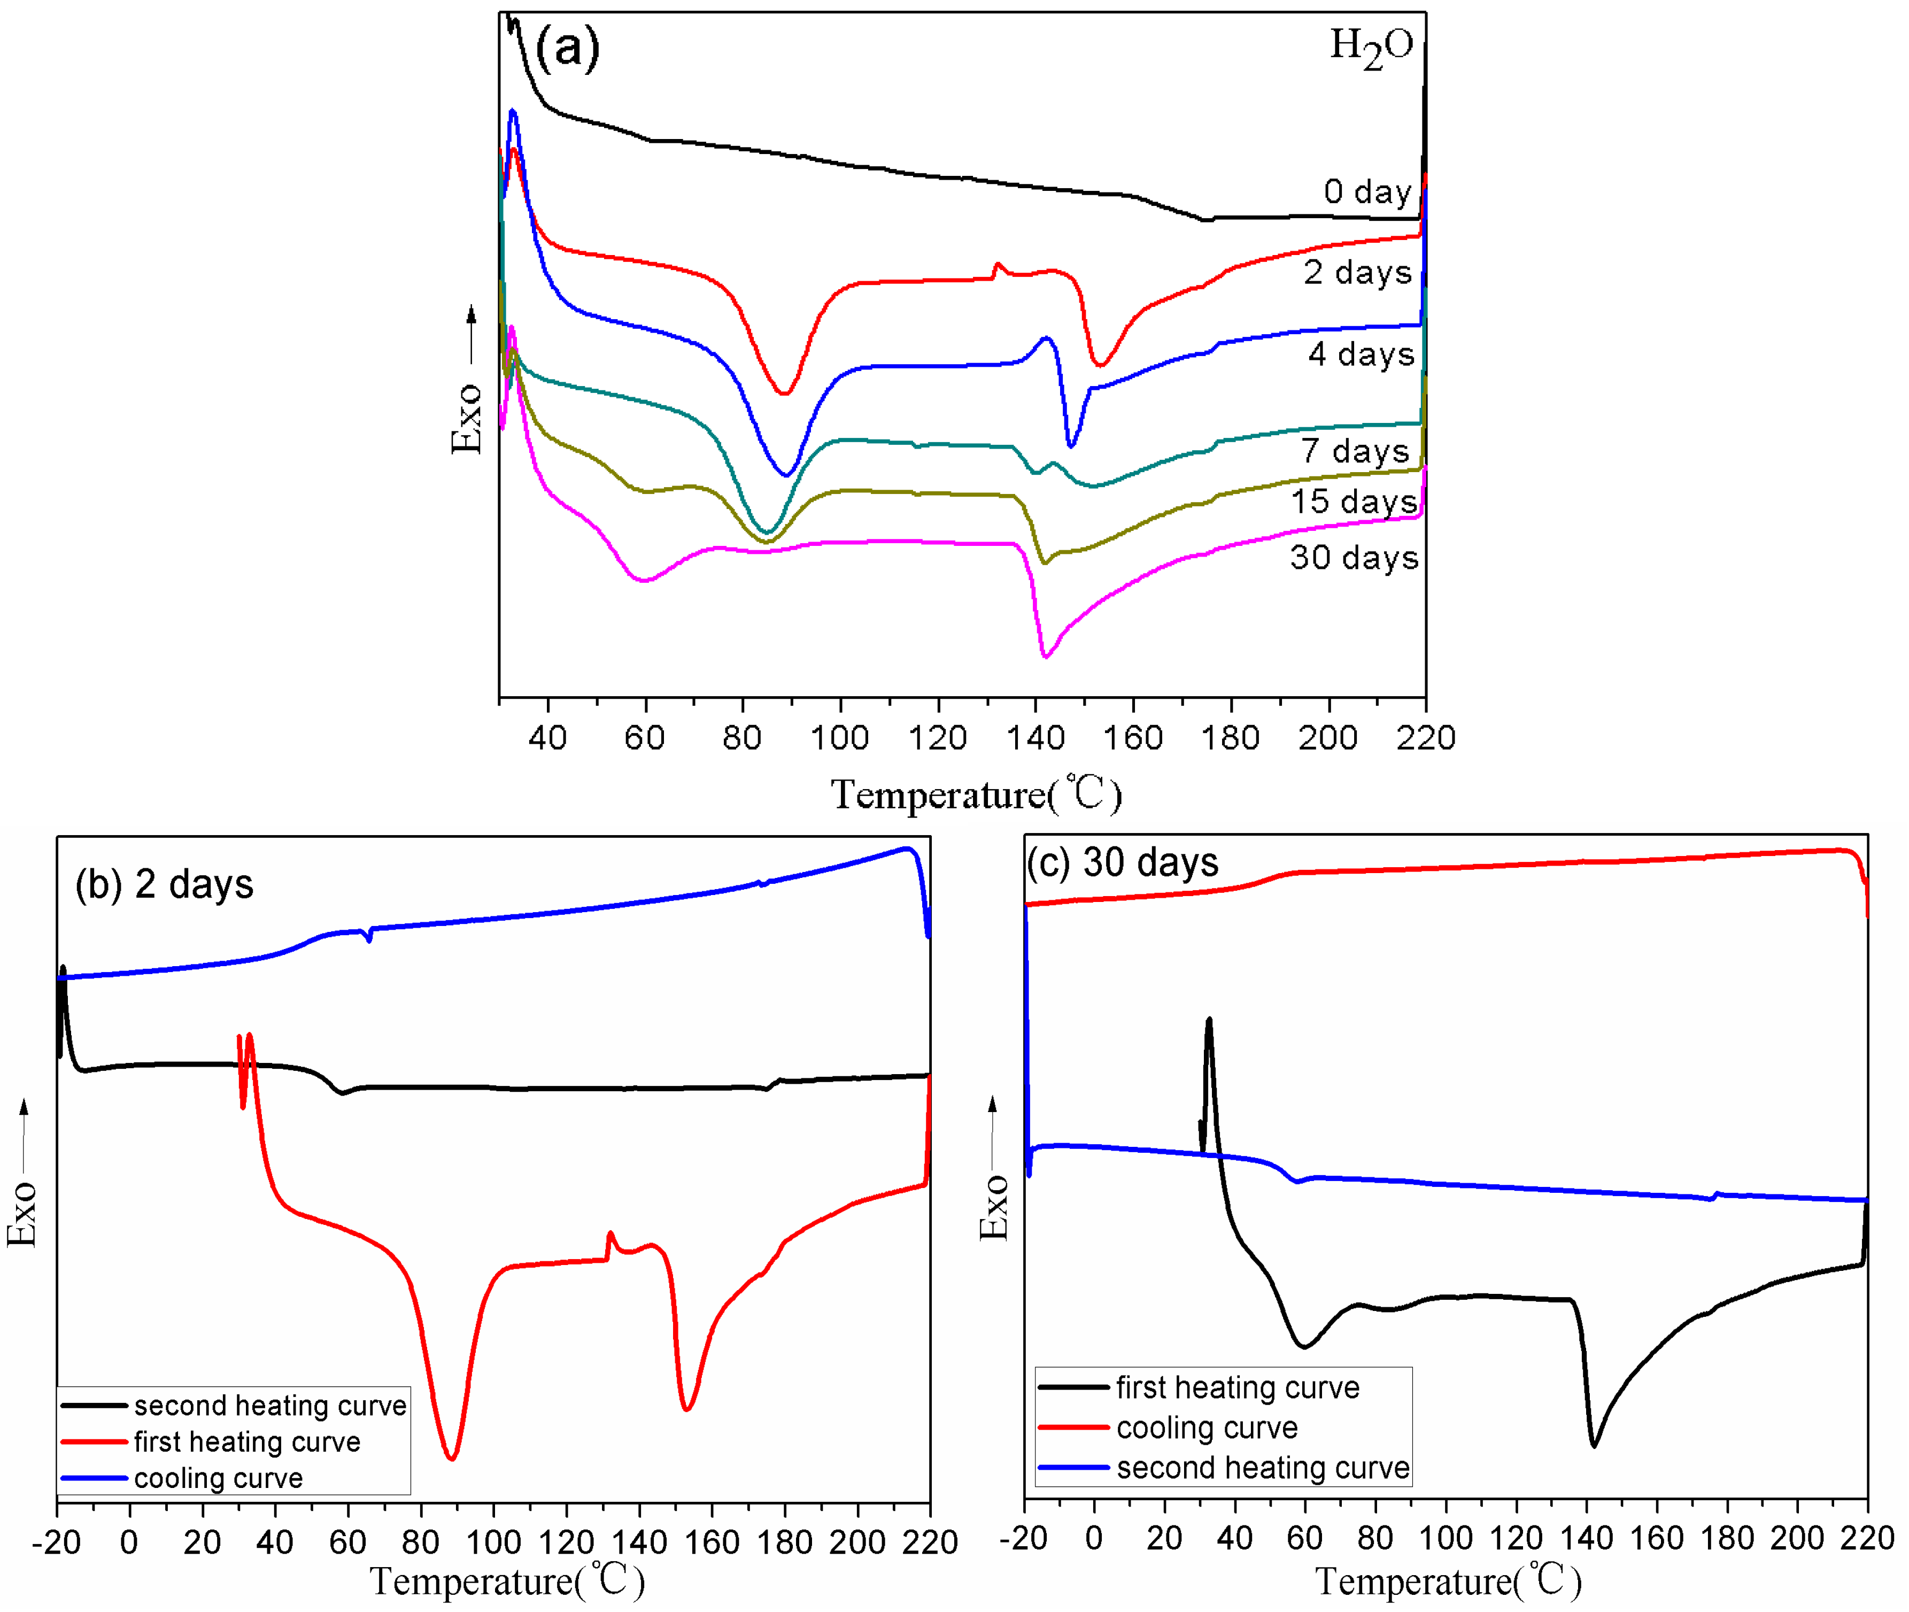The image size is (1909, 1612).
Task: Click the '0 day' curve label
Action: [x=1367, y=192]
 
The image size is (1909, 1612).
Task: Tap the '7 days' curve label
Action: [x=1355, y=451]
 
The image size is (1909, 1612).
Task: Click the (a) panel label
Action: [x=567, y=48]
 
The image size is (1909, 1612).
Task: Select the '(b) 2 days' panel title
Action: [x=165, y=884]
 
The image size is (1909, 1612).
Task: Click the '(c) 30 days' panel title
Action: [x=1122, y=862]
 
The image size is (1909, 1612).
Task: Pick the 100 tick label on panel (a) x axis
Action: [x=839, y=737]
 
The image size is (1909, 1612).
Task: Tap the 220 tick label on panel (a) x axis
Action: [x=1425, y=737]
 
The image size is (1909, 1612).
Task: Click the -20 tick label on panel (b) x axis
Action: [x=57, y=1542]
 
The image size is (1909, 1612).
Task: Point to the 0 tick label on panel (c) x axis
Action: [x=1094, y=1539]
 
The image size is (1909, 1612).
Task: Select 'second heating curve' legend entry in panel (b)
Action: [x=269, y=1406]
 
